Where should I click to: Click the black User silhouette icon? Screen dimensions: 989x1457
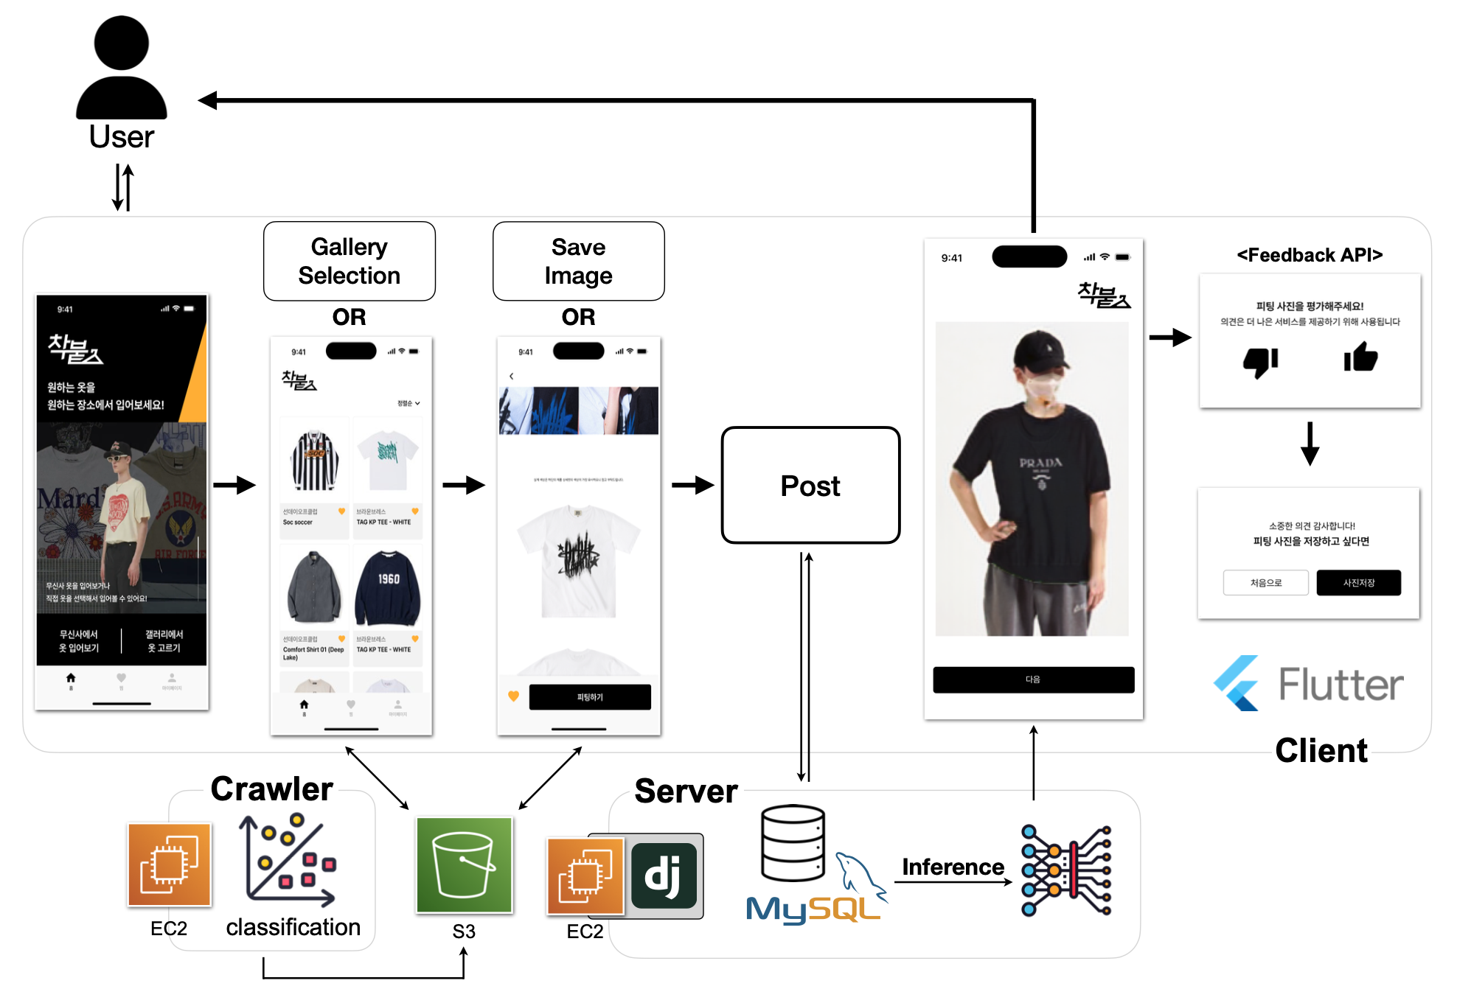coord(122,68)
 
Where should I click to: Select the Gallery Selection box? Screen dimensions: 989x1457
coord(350,261)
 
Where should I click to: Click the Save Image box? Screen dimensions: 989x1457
coord(578,261)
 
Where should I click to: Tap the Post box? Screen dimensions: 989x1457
coord(810,486)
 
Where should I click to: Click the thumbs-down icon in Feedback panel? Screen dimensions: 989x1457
coord(1260,361)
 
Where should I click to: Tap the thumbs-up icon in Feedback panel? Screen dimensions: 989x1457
coord(1360,358)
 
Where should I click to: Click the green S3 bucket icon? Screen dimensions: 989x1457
coord(464,864)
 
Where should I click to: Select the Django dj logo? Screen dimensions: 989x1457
coord(664,876)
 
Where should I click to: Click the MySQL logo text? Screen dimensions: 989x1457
coord(811,909)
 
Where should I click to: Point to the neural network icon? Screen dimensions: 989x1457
coord(1065,870)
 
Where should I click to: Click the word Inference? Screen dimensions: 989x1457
coord(953,867)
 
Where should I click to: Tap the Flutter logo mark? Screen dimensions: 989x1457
coord(1237,683)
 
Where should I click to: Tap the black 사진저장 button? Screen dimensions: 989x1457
coord(1358,583)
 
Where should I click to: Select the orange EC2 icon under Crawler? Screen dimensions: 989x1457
coord(170,864)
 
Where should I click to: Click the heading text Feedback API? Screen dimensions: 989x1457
coord(1310,255)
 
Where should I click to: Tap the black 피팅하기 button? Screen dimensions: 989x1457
coord(590,697)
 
